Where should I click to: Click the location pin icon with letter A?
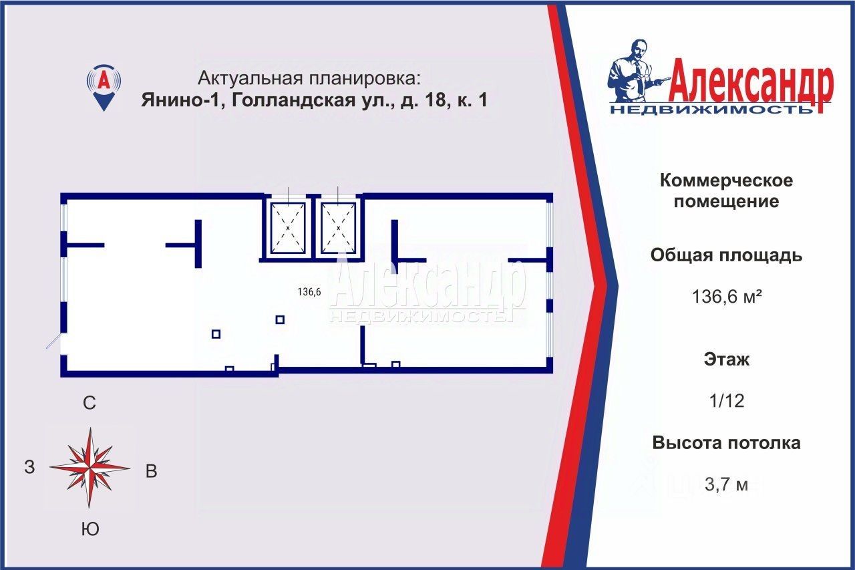click(104, 86)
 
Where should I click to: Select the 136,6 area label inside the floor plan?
click(309, 291)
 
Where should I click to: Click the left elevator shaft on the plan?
click(288, 227)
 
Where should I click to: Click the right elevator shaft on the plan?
click(339, 227)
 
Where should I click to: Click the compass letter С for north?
click(90, 403)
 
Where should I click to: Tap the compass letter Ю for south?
click(90, 530)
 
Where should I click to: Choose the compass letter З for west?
click(29, 468)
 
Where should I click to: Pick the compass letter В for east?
click(152, 471)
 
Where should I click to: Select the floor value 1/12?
click(726, 401)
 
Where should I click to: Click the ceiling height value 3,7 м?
click(727, 484)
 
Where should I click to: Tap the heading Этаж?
click(726, 360)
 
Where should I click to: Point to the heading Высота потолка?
click(726, 443)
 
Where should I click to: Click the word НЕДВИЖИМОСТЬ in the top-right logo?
click(711, 109)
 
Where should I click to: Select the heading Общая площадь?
click(726, 255)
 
